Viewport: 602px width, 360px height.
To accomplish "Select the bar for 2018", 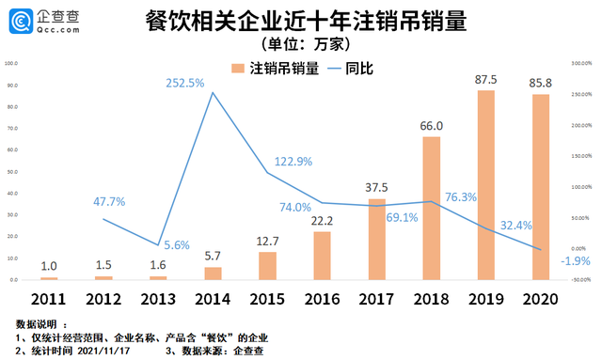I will click(431, 209).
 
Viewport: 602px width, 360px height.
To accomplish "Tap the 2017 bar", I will click(376, 239).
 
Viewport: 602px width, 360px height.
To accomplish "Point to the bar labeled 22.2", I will click(322, 256).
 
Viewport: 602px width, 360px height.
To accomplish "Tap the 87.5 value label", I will click(485, 79).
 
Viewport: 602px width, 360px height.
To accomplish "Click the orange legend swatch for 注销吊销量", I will click(239, 69).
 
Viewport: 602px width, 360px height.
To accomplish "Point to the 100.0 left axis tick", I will click(12, 64).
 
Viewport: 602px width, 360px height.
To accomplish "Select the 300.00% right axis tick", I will click(581, 64).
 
